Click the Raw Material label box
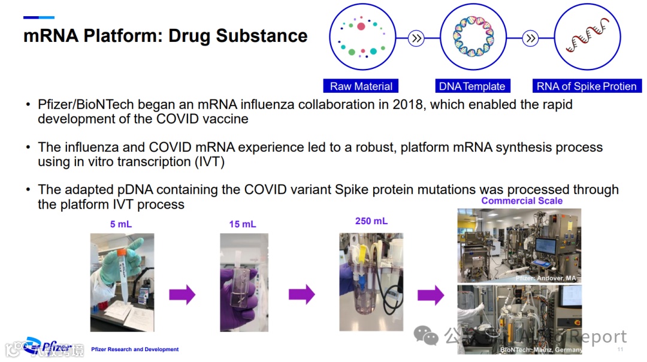(361, 86)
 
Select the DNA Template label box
(472, 86)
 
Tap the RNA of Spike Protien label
(586, 86)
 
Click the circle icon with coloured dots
(361, 37)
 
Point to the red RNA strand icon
(587, 37)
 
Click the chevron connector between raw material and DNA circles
(416, 38)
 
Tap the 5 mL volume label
(121, 224)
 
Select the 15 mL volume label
(243, 224)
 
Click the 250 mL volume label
(371, 221)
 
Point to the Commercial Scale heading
(522, 201)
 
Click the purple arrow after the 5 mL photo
(182, 294)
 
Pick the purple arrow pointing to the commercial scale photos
(430, 295)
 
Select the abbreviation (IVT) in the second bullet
(207, 161)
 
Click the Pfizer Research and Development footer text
(135, 349)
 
